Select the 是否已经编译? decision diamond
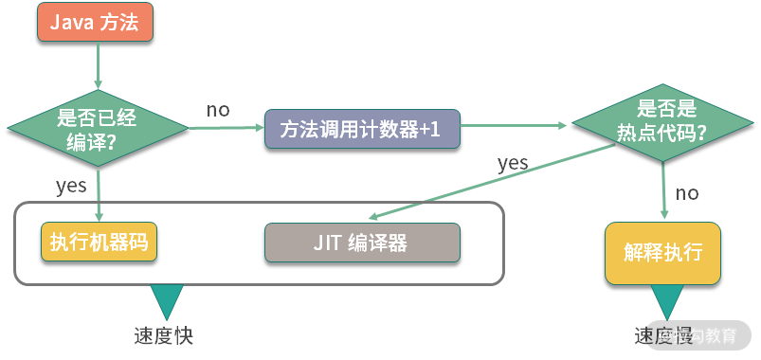(x=98, y=130)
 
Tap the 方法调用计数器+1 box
(x=362, y=129)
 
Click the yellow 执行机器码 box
(x=99, y=242)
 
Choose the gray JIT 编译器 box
(x=362, y=243)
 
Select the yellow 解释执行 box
(x=663, y=253)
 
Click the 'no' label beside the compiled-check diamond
(x=218, y=110)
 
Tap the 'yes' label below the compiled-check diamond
(x=72, y=186)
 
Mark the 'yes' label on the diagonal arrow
(x=513, y=163)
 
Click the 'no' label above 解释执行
(x=687, y=193)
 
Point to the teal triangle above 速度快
(x=169, y=302)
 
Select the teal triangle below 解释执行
(x=663, y=302)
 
